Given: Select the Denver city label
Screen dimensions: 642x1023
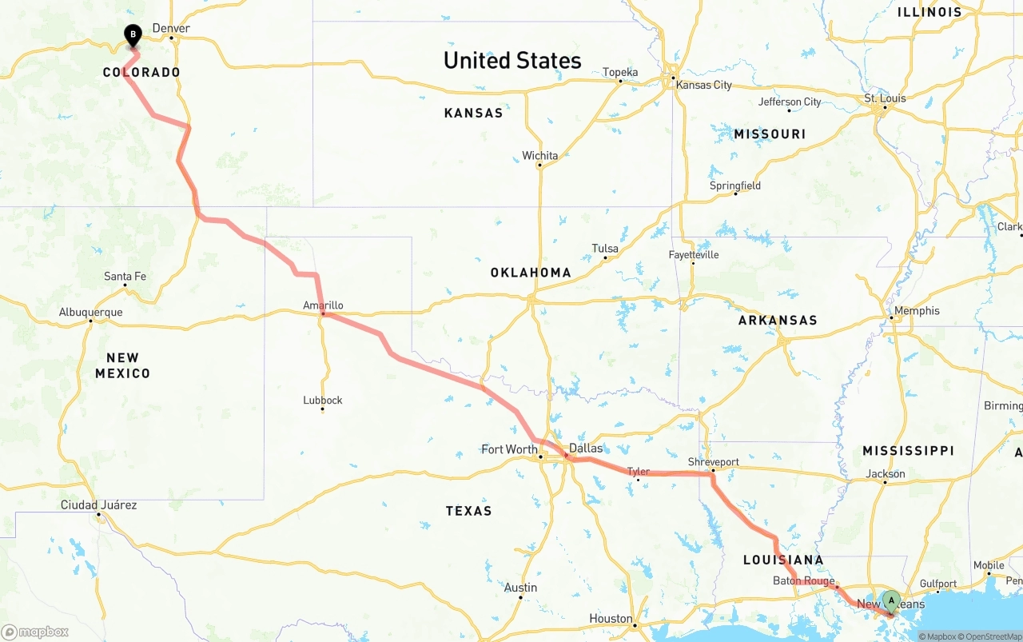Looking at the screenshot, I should pos(171,28).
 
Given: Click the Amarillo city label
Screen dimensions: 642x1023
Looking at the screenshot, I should pos(323,305).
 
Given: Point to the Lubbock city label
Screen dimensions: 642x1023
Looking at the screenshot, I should pos(323,400).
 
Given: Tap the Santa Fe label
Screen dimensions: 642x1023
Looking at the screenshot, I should pos(125,277).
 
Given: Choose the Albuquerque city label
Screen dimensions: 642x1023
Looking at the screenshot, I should pos(90,312).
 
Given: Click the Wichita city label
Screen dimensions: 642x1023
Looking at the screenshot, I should pos(540,155).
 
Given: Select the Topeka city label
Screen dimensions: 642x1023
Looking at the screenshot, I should pos(620,72).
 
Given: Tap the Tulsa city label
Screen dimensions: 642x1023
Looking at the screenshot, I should pos(605,249).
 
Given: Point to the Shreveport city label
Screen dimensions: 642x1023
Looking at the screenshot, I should pos(713,462).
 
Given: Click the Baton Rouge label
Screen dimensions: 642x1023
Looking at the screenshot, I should pos(803,581).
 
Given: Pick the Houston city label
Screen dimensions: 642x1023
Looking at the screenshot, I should pos(611,618).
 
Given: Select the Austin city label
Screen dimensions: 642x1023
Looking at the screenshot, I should pos(520,588).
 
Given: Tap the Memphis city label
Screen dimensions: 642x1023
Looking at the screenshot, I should pos(917,310).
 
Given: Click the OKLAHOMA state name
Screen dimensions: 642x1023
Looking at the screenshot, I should pos(531,273).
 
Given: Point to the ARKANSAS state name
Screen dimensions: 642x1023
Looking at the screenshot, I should pos(778,320).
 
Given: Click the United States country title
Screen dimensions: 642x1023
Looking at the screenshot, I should pos(512,61).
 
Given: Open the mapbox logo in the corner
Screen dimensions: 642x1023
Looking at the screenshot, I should pos(35,632).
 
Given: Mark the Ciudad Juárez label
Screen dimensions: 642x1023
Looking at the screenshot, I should pos(98,504).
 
